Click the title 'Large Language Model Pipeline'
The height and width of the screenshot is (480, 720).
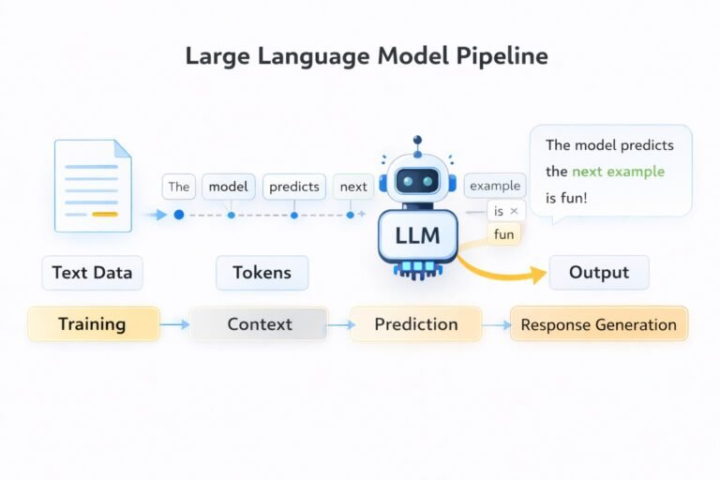tap(367, 55)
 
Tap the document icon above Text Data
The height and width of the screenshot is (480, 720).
tap(93, 186)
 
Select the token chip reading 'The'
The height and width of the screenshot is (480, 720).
tap(178, 187)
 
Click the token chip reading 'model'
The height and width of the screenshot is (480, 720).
tap(228, 187)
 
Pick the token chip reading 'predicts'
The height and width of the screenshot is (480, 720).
tap(294, 187)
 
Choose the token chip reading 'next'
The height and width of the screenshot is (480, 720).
tap(353, 187)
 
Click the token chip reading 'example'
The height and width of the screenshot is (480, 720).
tap(495, 186)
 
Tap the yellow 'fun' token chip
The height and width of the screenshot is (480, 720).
tap(504, 234)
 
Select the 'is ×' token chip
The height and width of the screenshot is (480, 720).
tap(506, 211)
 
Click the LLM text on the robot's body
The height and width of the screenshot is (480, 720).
tap(417, 235)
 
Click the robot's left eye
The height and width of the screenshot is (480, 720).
tap(403, 181)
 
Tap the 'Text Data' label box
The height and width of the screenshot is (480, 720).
tap(92, 273)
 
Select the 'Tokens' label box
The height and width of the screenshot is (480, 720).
tap(262, 273)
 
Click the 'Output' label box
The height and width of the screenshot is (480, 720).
tap(599, 273)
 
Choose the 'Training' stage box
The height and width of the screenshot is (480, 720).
tap(92, 324)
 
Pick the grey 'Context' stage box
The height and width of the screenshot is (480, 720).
tap(260, 324)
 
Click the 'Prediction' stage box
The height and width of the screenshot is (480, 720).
tap(416, 324)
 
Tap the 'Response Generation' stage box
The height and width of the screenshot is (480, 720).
tap(598, 324)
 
